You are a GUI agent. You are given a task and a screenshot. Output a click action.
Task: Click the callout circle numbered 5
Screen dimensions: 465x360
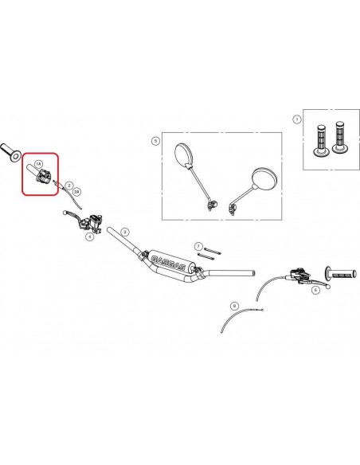point(155,141)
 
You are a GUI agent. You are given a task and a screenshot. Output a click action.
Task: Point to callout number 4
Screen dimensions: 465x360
point(90,236)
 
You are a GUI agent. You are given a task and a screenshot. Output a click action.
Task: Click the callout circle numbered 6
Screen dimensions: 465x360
point(315,291)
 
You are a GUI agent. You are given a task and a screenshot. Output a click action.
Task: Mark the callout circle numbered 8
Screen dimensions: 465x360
point(233,306)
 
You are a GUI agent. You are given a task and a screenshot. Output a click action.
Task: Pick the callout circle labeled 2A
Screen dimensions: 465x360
point(76,192)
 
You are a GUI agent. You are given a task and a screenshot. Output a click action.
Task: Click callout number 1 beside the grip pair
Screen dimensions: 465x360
point(297,119)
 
